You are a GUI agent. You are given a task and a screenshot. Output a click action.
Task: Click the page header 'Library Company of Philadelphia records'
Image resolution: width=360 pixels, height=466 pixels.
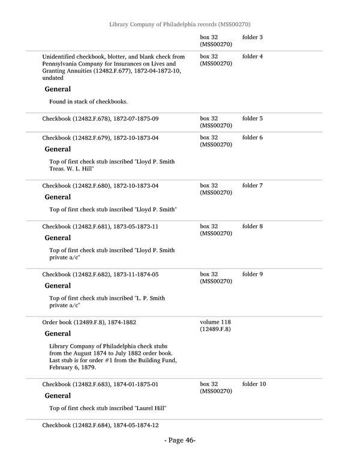(x=179, y=24)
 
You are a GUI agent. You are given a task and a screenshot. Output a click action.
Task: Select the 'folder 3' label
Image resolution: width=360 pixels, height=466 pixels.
(x=253, y=38)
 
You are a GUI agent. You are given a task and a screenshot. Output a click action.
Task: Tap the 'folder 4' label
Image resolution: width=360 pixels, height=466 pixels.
(x=253, y=57)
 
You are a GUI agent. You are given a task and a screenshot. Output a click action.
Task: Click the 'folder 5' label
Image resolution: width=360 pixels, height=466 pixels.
(x=253, y=119)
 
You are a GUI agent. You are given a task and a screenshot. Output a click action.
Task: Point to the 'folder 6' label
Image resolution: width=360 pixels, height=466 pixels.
(x=253, y=138)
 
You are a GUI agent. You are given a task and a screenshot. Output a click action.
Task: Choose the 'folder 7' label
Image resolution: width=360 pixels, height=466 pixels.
(x=253, y=186)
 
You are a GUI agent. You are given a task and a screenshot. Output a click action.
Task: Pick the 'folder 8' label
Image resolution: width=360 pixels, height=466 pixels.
(x=253, y=227)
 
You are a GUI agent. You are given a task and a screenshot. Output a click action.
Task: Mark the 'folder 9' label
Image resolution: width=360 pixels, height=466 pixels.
(x=253, y=274)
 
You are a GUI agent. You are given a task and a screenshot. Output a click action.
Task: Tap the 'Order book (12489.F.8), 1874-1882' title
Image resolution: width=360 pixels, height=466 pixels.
(x=89, y=322)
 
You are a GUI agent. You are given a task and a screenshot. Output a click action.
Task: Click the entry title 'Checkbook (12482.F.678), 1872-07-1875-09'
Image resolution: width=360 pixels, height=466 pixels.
(x=100, y=119)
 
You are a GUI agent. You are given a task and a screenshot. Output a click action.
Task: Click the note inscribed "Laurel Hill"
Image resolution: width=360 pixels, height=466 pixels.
(x=107, y=408)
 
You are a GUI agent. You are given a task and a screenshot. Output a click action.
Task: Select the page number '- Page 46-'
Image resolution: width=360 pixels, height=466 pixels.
(x=179, y=441)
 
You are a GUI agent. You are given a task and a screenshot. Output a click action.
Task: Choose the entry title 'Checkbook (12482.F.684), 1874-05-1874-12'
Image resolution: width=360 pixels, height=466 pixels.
(x=100, y=426)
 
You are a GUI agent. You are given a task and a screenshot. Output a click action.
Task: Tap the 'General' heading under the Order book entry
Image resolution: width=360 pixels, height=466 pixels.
(x=58, y=334)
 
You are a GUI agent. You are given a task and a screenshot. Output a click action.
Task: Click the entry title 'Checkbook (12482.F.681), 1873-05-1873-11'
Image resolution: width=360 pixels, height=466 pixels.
(x=100, y=227)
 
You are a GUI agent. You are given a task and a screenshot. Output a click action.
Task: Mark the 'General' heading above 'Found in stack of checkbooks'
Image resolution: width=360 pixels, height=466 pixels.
(x=58, y=89)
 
